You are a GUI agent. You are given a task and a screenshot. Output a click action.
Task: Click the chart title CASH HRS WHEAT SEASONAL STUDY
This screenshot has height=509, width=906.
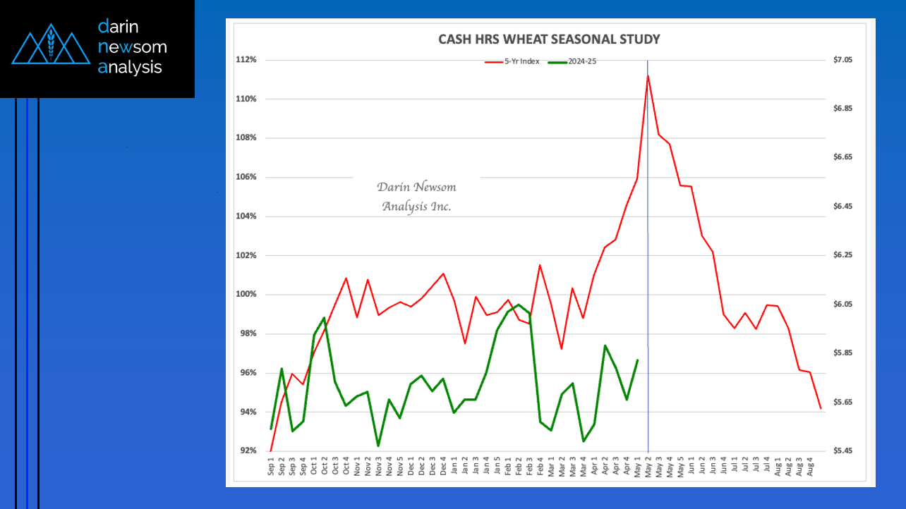point(549,39)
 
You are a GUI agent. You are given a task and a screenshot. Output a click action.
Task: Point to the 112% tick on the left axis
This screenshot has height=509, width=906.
point(246,60)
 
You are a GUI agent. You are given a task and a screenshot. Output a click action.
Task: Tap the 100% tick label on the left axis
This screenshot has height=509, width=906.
point(246,295)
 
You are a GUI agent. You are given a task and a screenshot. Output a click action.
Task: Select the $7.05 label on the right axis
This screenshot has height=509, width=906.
point(842,60)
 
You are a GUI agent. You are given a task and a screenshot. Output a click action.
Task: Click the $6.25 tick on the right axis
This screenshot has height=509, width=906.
point(842,255)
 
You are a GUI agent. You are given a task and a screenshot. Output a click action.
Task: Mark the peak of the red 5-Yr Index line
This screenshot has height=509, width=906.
point(648,75)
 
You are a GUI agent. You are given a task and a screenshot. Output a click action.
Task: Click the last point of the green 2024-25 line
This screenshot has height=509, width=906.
point(638,360)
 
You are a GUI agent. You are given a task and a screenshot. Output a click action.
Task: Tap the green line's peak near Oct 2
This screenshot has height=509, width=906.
point(324,318)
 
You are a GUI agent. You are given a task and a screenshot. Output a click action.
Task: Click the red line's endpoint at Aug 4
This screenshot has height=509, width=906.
point(821,409)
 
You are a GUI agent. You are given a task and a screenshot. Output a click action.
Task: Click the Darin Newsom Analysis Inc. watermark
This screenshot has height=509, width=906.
point(416,197)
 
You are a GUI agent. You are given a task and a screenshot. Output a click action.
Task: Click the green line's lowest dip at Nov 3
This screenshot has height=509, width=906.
point(378,446)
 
